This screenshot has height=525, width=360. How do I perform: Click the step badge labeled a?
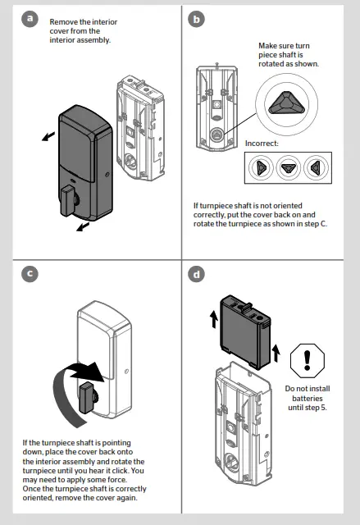pyautogui.click(x=31, y=18)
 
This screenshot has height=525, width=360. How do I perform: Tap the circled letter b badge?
pyautogui.click(x=196, y=18)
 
